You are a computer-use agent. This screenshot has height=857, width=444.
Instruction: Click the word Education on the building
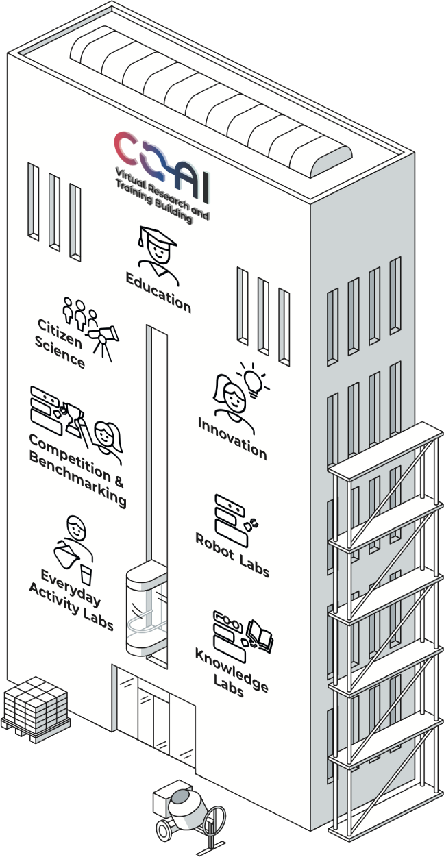[x=158, y=293]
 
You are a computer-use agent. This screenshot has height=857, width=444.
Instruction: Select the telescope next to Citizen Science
[x=103, y=342]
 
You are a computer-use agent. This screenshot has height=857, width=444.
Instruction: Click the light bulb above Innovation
[x=253, y=380]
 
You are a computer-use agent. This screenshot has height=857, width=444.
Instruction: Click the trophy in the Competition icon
[x=75, y=417]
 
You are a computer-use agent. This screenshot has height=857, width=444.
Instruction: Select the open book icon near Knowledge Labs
[x=260, y=636]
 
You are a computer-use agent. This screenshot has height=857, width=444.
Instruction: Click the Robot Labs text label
[x=232, y=555]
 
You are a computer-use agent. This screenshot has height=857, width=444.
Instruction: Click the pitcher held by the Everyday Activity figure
[x=66, y=554]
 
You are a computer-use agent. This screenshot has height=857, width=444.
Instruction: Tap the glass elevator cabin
[x=147, y=609]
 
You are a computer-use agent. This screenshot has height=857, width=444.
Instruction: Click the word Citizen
[x=60, y=334]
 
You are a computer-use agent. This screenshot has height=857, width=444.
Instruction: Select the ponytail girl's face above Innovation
[x=234, y=397]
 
